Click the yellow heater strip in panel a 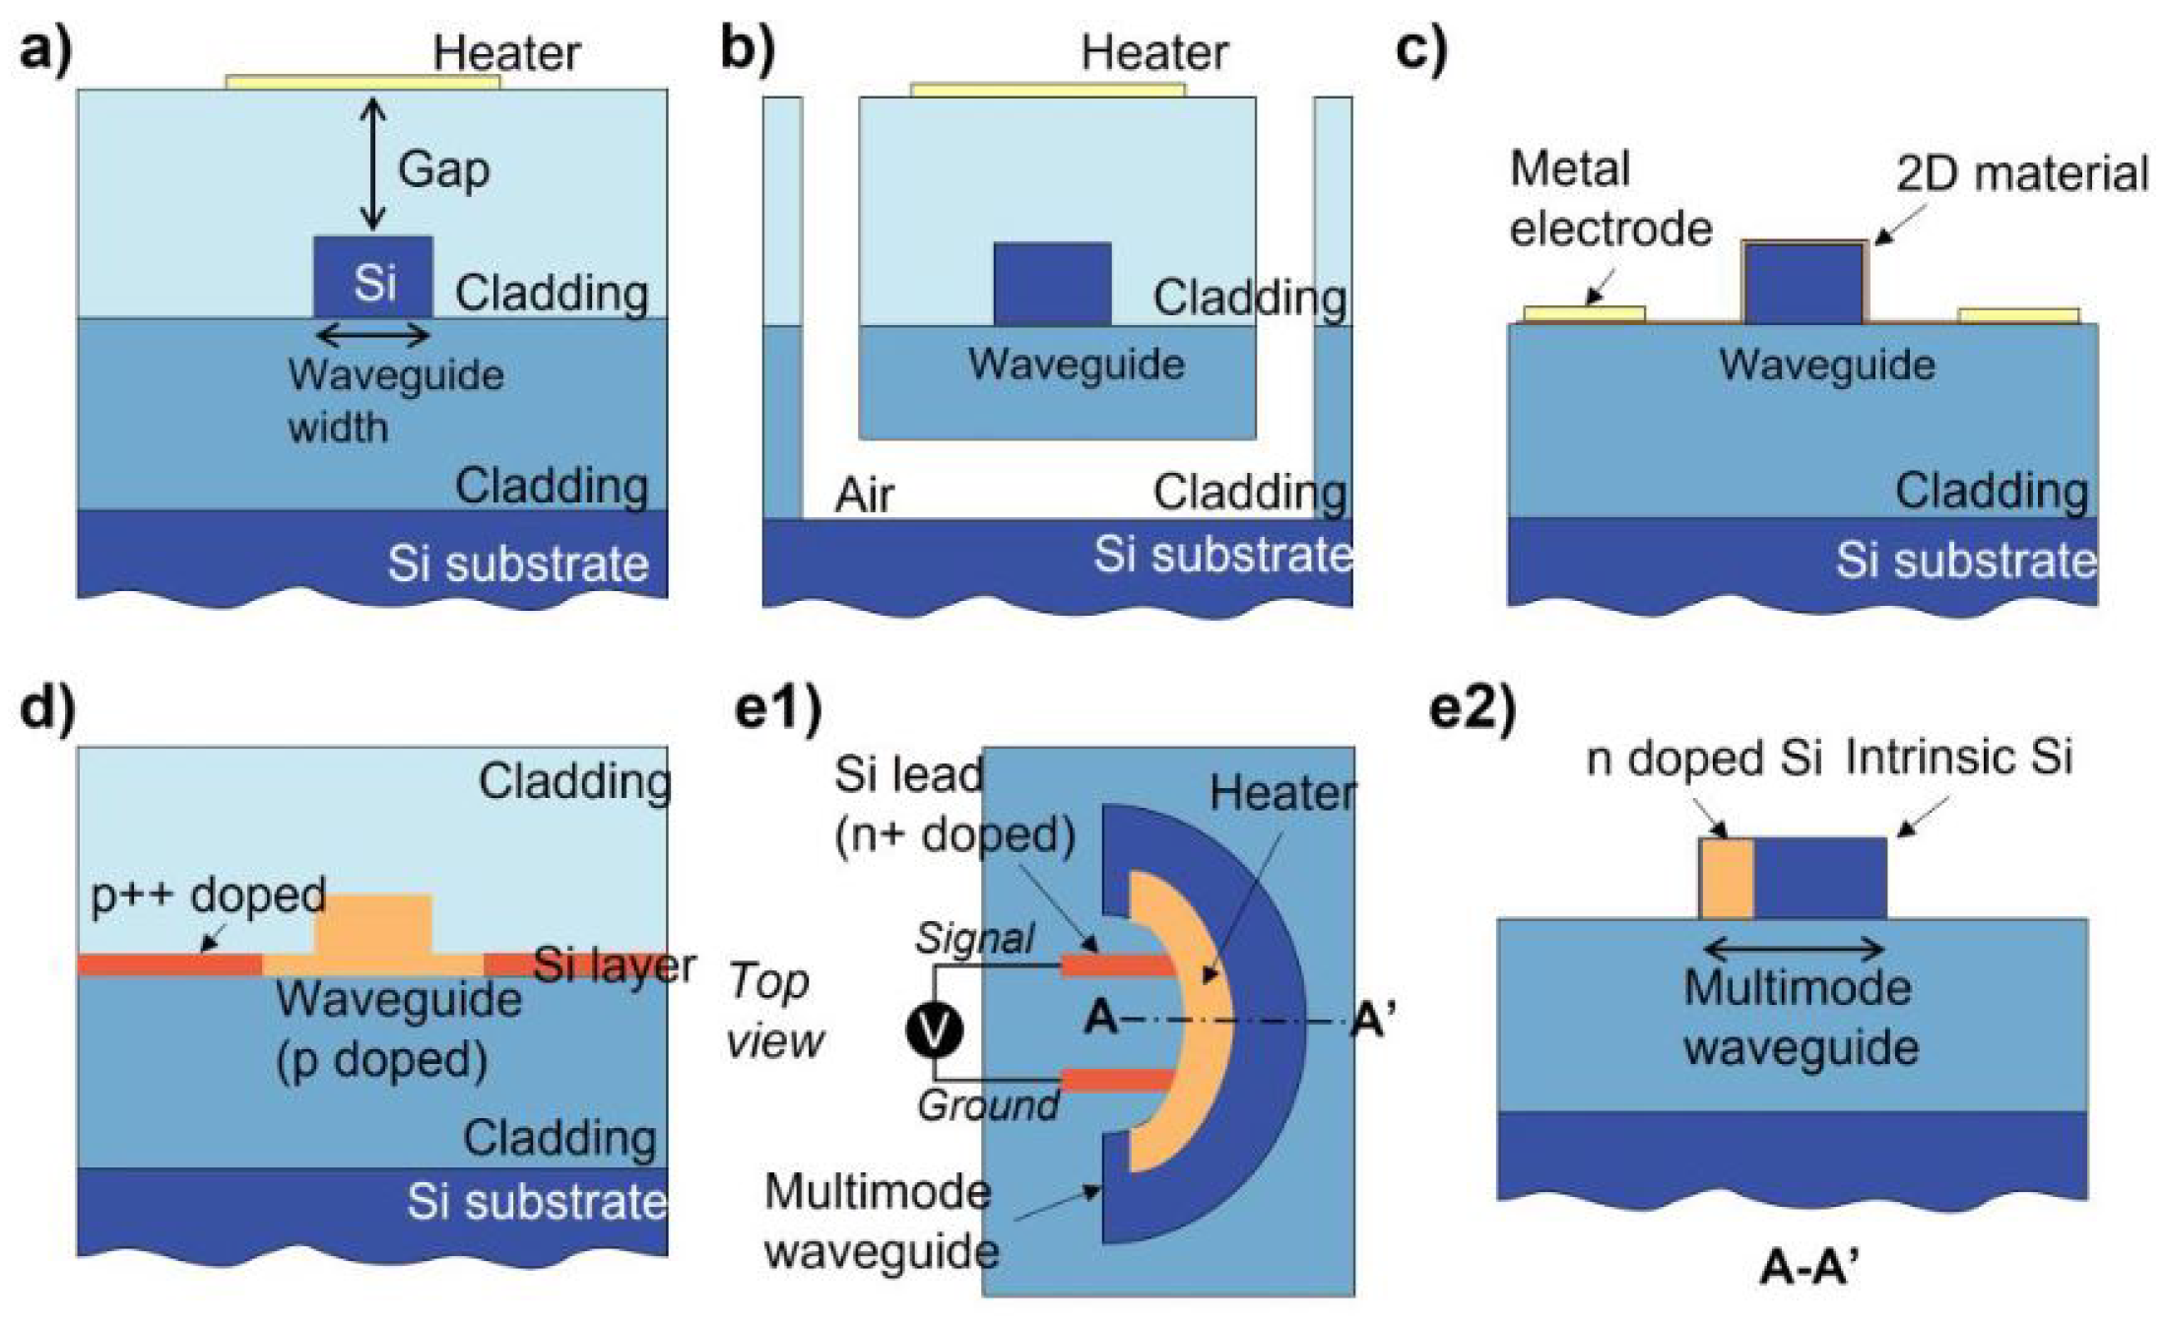pos(362,82)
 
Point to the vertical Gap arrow pos(372,164)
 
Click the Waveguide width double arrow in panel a pos(372,336)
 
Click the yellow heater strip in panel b pos(1047,90)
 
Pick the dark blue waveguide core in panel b pos(1052,284)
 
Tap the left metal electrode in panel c pos(1583,314)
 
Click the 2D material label pos(2021,174)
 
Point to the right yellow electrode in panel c pos(2018,315)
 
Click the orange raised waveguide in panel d pos(372,926)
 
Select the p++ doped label pos(208,895)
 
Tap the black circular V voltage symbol pos(934,1030)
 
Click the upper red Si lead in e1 pos(1116,965)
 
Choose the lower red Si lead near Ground pos(1116,1081)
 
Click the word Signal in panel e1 pos(974,938)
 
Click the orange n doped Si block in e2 pos(1727,878)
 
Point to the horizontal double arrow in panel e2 pos(1793,950)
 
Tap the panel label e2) pos(1472,707)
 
